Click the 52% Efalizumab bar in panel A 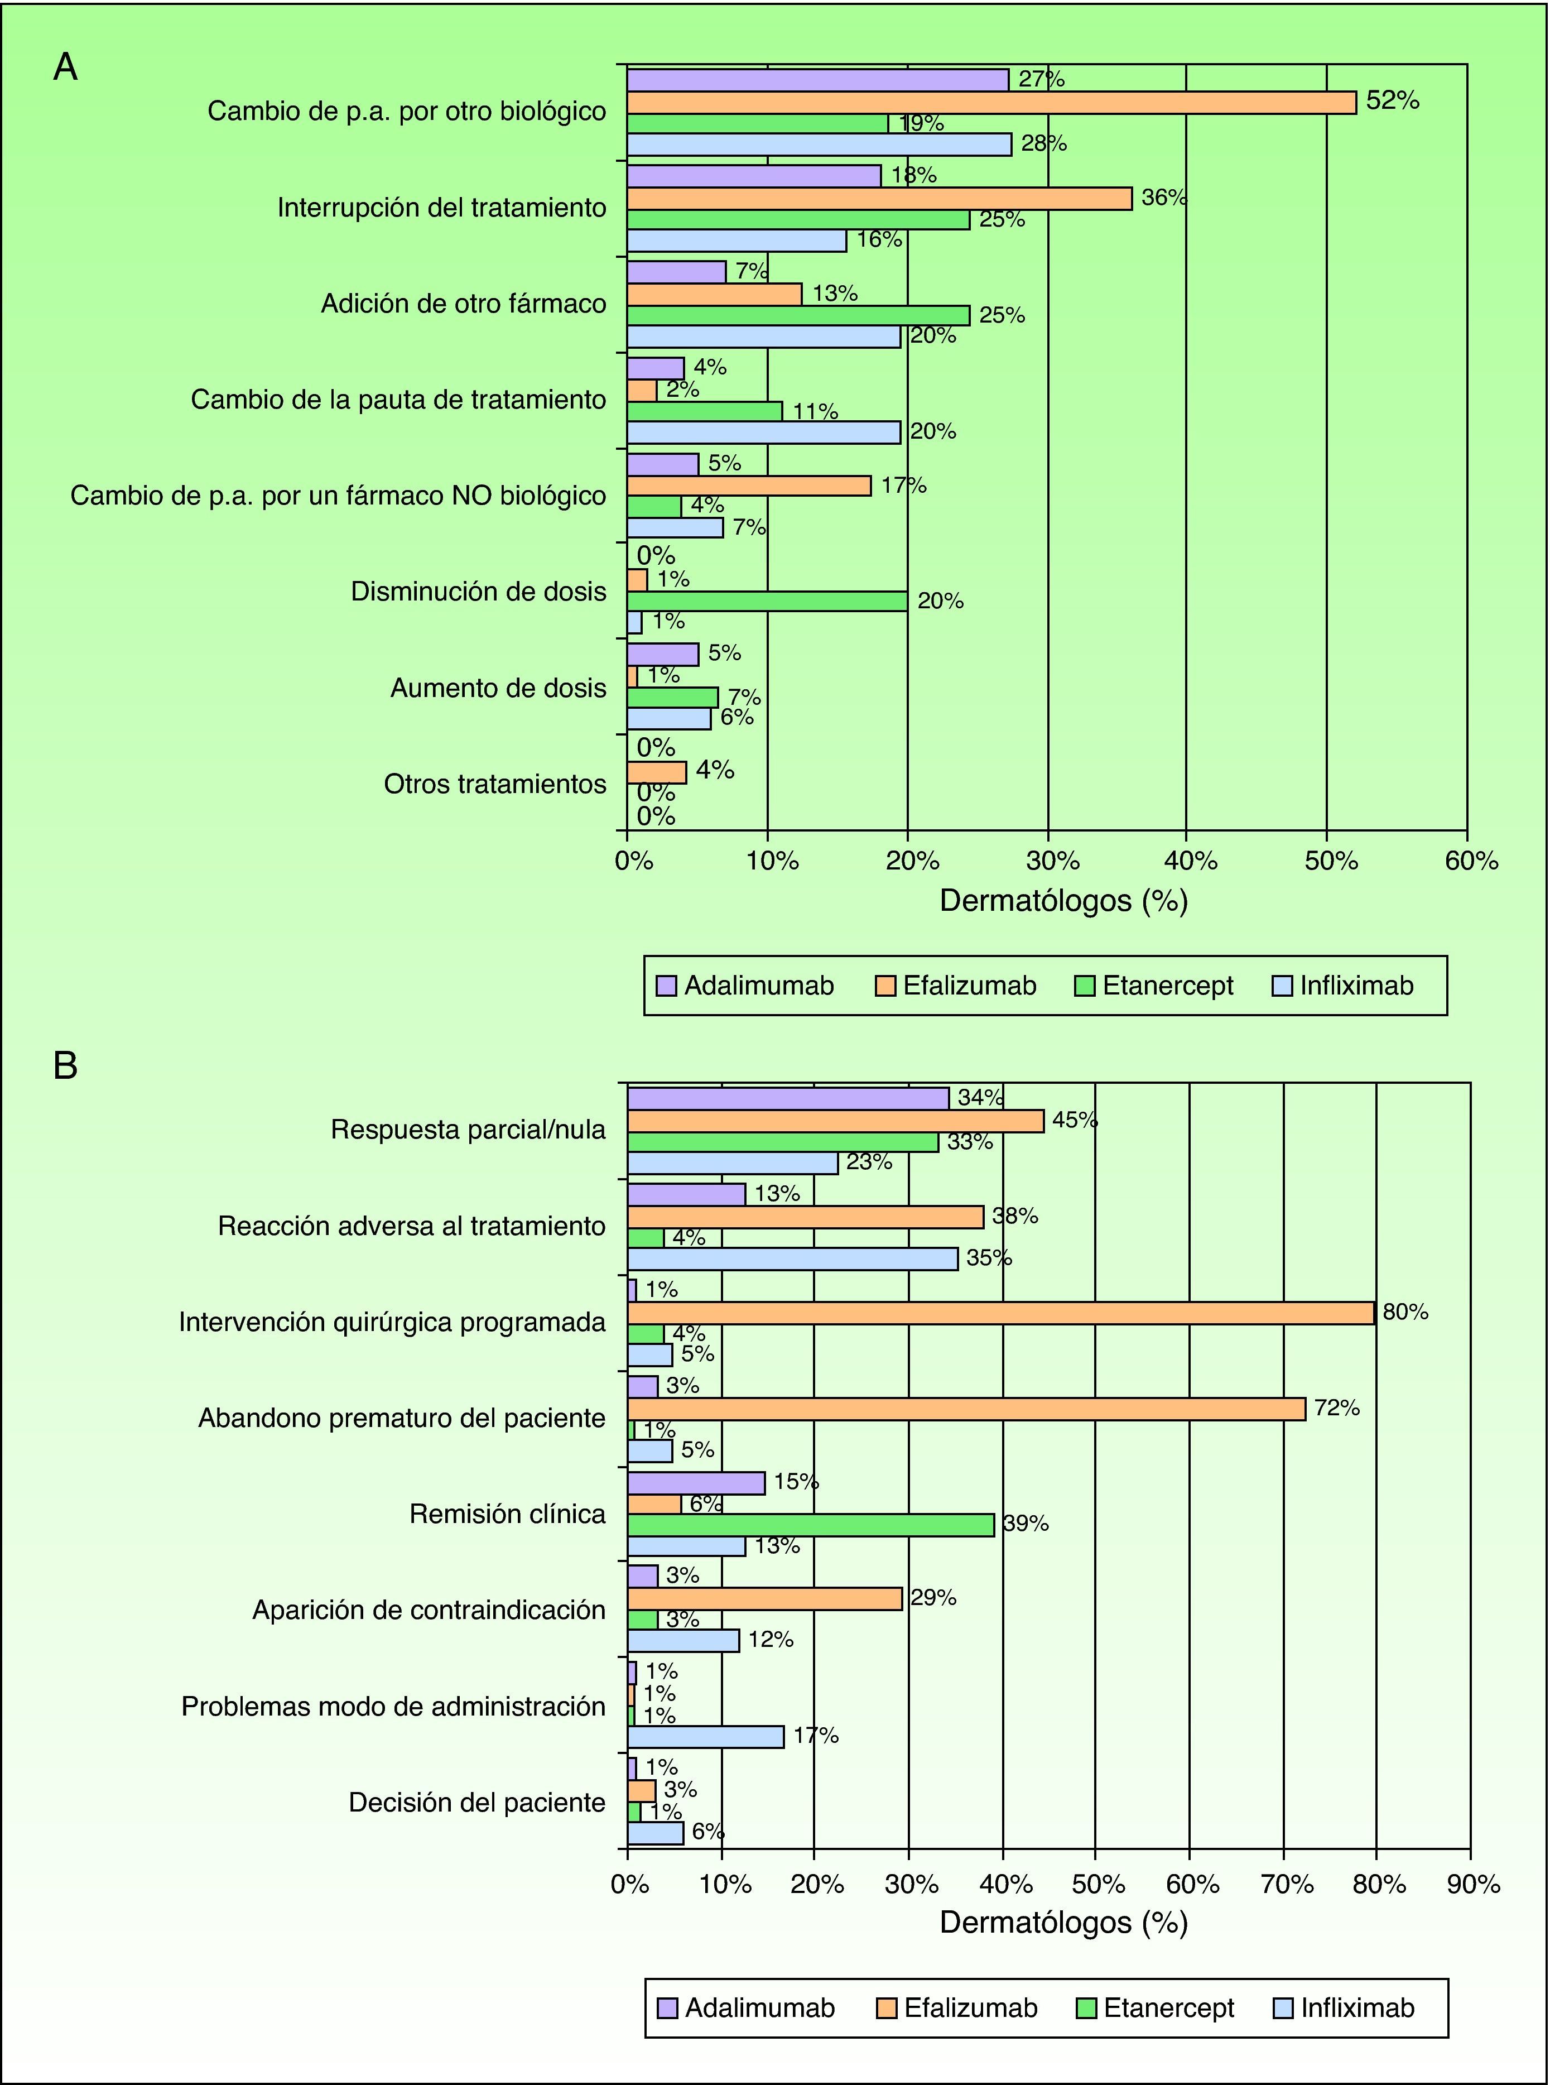coord(991,102)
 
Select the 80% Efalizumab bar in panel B coord(1000,1313)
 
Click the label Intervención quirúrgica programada coord(392,1322)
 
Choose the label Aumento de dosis coord(498,688)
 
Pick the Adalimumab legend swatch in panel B coord(667,2008)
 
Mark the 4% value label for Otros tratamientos coord(714,770)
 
